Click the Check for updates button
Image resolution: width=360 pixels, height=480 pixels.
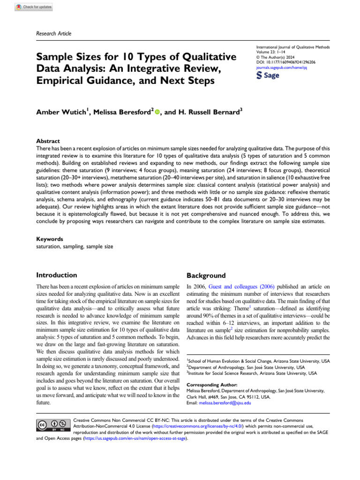click(x=34, y=7)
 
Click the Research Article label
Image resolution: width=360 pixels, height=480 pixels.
click(x=53, y=33)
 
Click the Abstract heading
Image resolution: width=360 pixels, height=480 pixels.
click(x=48, y=141)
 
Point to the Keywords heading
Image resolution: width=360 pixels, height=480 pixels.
click(x=50, y=239)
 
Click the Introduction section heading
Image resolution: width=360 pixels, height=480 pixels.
click(x=57, y=275)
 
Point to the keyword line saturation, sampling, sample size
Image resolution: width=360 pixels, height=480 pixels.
click(x=75, y=246)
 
